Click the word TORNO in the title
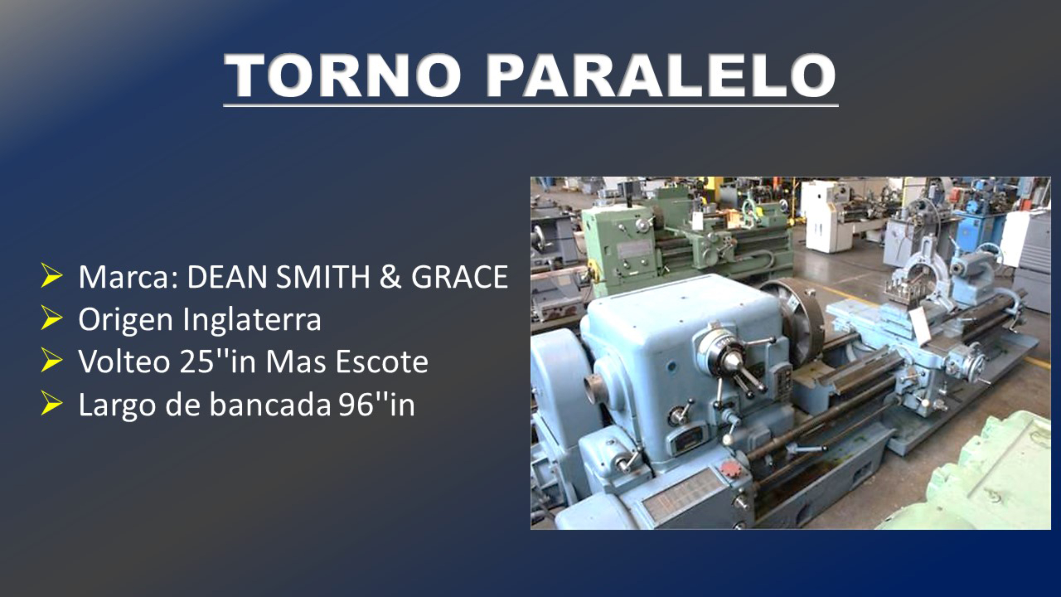point(343,75)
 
